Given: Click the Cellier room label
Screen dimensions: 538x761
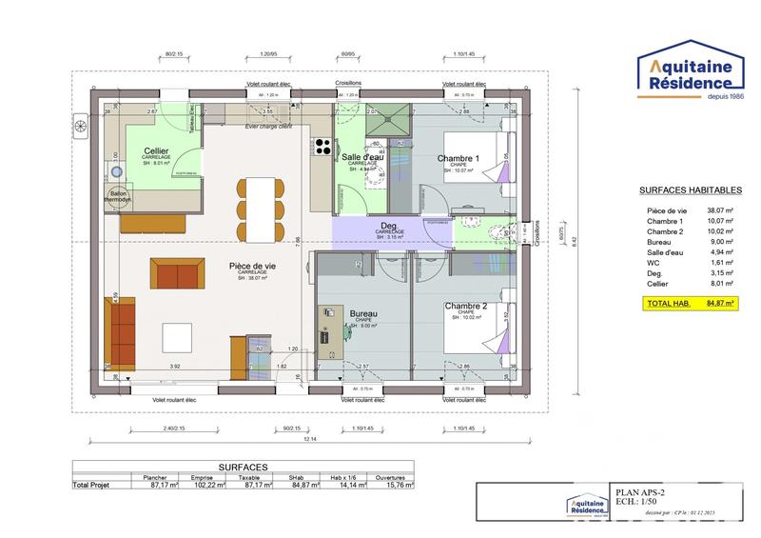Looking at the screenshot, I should coord(157,151).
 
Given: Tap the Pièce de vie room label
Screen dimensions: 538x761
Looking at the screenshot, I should coord(252,267).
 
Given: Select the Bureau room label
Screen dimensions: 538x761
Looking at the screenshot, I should coord(364,313).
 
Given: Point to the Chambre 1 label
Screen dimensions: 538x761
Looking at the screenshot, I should coord(459,158).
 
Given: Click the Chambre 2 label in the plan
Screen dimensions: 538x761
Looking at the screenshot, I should coord(465,307).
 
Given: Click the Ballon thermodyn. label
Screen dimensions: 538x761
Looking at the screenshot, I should coord(119,196).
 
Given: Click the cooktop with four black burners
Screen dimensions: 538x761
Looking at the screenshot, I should coord(322,147).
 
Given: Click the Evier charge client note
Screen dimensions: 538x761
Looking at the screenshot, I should coord(267,127).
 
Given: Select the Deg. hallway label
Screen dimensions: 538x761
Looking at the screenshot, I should coord(389,226).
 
